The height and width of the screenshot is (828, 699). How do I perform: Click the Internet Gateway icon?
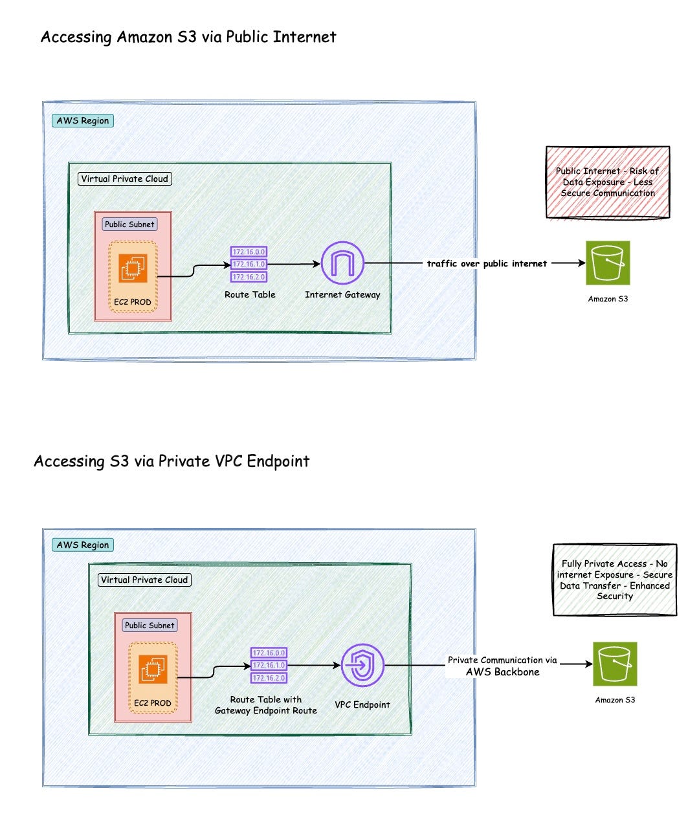click(x=342, y=263)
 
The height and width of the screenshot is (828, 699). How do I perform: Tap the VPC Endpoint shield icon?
click(x=362, y=665)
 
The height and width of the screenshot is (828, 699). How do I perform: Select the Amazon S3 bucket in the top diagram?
click(x=608, y=263)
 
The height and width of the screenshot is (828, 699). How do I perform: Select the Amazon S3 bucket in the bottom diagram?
click(x=615, y=664)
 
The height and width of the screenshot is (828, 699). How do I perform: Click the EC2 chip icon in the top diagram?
click(x=133, y=268)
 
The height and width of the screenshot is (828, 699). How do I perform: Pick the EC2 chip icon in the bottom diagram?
click(x=153, y=669)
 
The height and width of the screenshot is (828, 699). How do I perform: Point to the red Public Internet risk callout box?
click(x=608, y=182)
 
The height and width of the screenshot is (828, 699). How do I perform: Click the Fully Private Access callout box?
click(x=615, y=580)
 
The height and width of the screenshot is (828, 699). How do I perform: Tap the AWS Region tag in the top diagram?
click(x=83, y=120)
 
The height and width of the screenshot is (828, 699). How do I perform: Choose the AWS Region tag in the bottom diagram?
click(x=83, y=545)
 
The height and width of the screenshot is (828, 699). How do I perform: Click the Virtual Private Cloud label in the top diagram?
click(x=124, y=179)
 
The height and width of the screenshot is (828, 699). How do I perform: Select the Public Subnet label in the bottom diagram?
click(x=150, y=626)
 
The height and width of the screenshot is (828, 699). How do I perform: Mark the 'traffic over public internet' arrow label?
click(x=487, y=263)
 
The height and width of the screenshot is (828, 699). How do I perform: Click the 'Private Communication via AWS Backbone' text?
click(x=502, y=666)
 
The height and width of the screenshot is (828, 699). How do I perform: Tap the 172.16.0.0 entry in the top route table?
click(x=249, y=252)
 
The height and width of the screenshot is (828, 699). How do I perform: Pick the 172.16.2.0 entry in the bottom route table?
click(x=269, y=678)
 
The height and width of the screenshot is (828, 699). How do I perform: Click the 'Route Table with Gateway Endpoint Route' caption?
click(x=266, y=704)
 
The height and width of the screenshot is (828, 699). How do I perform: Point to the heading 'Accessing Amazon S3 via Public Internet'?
click(x=188, y=37)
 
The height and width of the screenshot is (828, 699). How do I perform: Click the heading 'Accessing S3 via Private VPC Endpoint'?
click(x=172, y=461)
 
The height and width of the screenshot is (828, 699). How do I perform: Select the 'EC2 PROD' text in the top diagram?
click(x=133, y=302)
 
